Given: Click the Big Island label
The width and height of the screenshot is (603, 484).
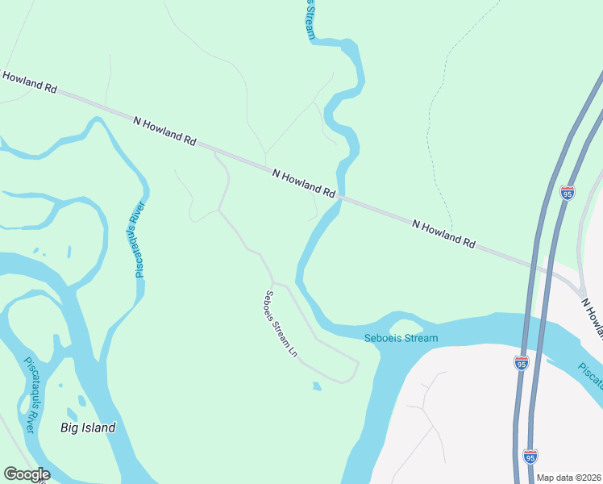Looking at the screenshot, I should pyautogui.click(x=88, y=428).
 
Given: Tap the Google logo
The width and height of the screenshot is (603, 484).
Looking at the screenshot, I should pyautogui.click(x=27, y=474).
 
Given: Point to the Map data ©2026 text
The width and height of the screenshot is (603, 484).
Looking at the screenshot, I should pyautogui.click(x=569, y=478).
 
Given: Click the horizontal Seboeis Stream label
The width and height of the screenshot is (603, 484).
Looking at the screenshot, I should pyautogui.click(x=401, y=338).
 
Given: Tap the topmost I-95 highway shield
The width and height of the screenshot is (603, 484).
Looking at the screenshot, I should pyautogui.click(x=568, y=194).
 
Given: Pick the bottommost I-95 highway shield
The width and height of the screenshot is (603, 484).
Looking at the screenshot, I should pyautogui.click(x=530, y=457).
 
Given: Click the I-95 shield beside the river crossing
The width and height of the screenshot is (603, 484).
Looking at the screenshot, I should pyautogui.click(x=522, y=363).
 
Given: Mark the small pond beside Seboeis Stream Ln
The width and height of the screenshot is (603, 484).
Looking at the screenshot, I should pyautogui.click(x=317, y=386).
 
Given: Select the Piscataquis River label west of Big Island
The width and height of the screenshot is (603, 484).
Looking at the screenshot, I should pyautogui.click(x=29, y=395).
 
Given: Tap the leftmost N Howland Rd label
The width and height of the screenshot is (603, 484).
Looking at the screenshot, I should pyautogui.click(x=29, y=82).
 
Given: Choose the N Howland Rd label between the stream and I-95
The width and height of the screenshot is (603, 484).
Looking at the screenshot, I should pyautogui.click(x=443, y=232).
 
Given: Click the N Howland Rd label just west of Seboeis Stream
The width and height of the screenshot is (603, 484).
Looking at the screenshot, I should pyautogui.click(x=303, y=184).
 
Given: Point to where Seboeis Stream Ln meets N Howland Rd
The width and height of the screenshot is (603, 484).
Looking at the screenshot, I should pyautogui.click(x=215, y=152).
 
